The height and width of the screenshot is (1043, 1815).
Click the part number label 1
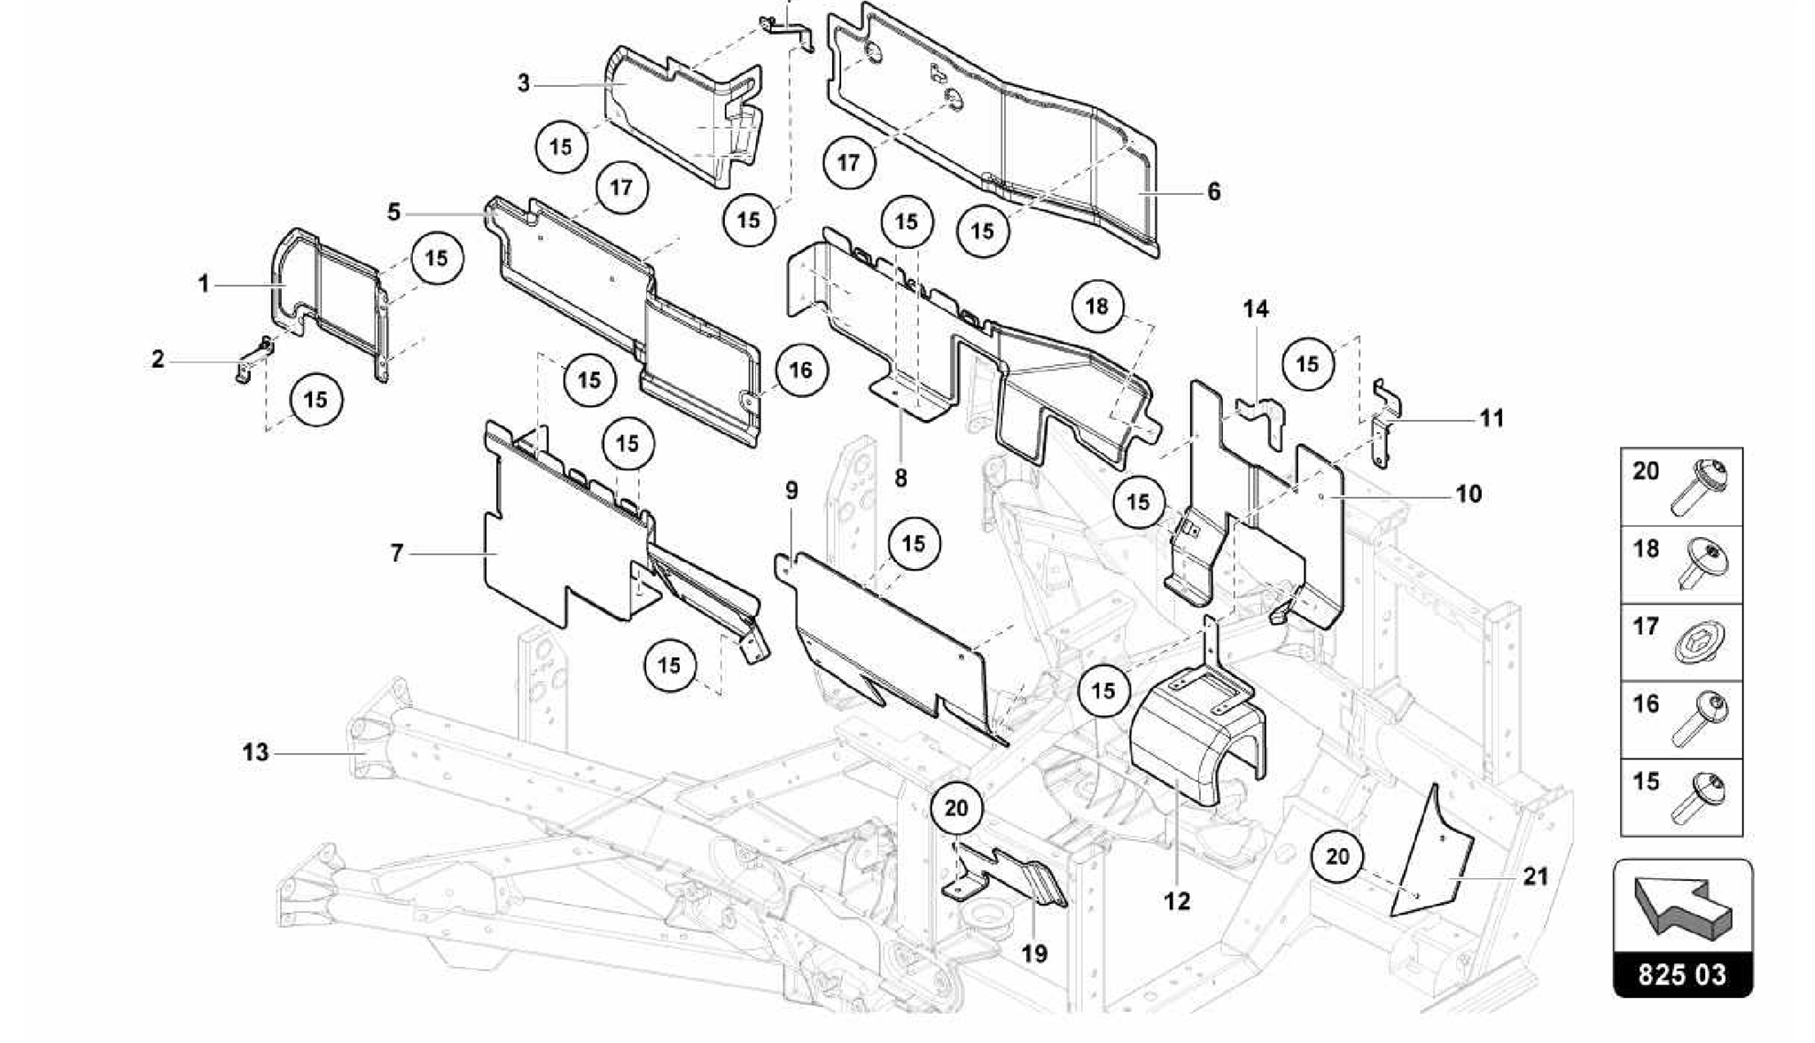[x=204, y=284]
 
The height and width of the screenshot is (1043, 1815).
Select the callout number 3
[x=524, y=84]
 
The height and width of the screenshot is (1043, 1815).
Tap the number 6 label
[x=1213, y=191]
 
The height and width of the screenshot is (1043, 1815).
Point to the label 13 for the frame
[x=255, y=752]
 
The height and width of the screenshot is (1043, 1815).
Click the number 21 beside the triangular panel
[x=1535, y=876]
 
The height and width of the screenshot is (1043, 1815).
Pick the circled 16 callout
[x=800, y=370]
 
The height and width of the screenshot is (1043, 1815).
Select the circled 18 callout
[x=1096, y=307]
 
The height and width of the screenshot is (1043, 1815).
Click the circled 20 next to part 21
[x=1337, y=856]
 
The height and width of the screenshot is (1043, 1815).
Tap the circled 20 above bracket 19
[x=956, y=808]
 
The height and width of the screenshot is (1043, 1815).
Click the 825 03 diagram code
[x=1682, y=975]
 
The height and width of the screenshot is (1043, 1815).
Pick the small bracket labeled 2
[x=253, y=362]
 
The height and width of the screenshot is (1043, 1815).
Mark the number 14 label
[x=1255, y=309]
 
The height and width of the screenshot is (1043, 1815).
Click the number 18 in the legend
[x=1646, y=549]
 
